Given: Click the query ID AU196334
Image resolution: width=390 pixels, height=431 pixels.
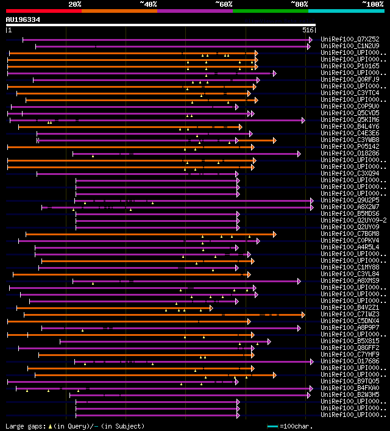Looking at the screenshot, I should (23, 20).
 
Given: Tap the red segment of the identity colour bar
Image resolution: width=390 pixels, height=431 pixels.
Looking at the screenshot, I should (43, 10).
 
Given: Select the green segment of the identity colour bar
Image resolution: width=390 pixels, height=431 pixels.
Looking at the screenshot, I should (270, 10).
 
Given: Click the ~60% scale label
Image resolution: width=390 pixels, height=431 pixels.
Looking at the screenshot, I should (224, 4).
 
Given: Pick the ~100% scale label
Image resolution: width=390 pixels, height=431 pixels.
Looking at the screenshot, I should (373, 4).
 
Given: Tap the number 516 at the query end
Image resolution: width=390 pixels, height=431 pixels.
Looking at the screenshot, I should (307, 30).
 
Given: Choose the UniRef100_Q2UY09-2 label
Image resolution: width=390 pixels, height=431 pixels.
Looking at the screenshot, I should (352, 220).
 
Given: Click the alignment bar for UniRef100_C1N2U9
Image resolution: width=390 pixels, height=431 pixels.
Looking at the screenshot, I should (171, 46).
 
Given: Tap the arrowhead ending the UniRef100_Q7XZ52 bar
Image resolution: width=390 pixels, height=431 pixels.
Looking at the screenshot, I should (310, 40).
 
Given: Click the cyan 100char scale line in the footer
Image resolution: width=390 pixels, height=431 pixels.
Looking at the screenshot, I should (272, 426).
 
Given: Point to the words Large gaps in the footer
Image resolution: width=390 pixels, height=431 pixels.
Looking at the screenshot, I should (25, 426).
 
